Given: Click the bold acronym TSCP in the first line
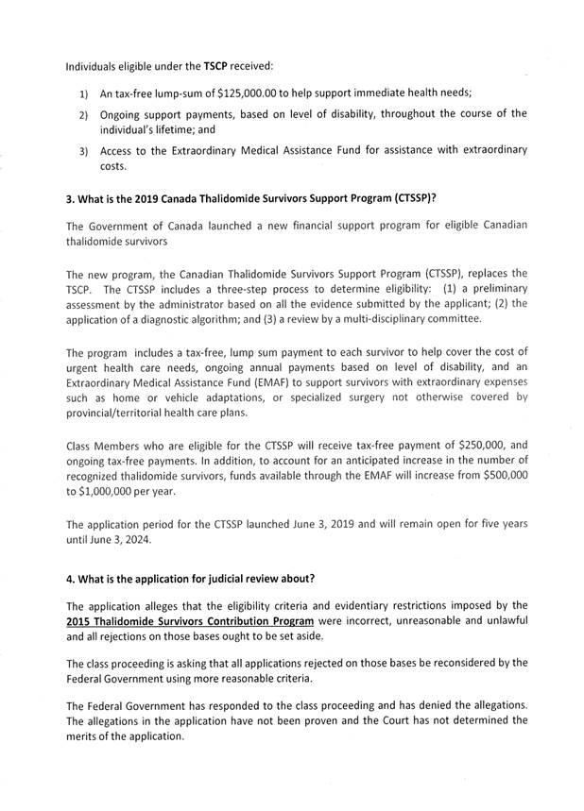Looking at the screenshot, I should click(x=215, y=67).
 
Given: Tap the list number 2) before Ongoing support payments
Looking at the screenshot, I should click(x=83, y=115).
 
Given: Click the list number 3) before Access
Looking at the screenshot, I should click(x=83, y=151).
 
